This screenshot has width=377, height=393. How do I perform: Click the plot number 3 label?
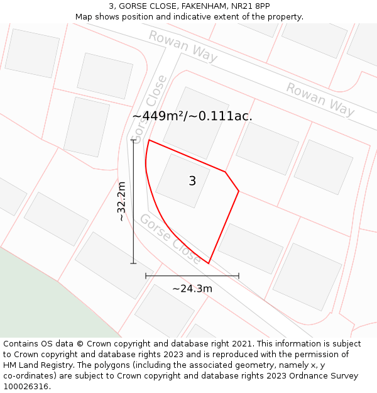192,181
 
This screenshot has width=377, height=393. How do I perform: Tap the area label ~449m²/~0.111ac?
192,116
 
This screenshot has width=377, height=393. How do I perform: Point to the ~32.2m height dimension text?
121,201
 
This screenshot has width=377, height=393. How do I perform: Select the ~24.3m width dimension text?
192,289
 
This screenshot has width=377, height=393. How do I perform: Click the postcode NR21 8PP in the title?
253,6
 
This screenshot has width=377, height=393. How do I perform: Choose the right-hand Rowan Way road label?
320,99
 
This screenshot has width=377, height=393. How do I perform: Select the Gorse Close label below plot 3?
170,239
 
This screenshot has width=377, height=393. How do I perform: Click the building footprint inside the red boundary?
183,180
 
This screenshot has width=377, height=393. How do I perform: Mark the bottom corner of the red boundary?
209,263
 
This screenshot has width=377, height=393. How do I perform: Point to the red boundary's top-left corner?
149,140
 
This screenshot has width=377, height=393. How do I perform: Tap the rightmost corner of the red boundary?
239,191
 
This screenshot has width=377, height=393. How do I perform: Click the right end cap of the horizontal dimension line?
239,275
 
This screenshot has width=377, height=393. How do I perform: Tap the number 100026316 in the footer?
25,387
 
